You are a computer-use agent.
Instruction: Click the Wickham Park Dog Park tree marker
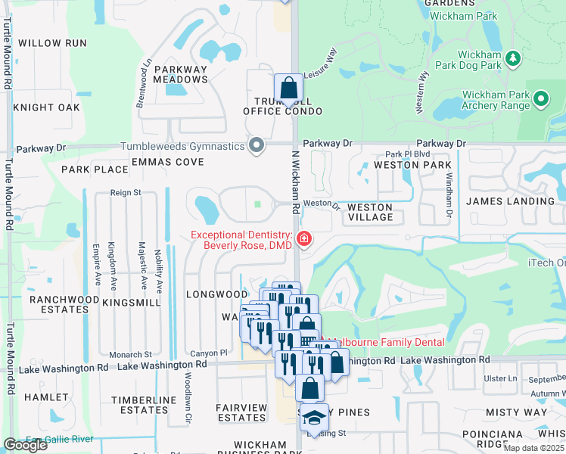(x=514, y=58)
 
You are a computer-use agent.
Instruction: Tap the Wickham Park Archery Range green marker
(x=540, y=98)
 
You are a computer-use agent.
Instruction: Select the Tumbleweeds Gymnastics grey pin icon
(x=257, y=145)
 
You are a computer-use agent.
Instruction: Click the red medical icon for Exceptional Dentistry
(x=303, y=239)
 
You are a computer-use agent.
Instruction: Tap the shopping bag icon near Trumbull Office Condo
(x=288, y=88)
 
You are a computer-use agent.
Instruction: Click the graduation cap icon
(x=312, y=418)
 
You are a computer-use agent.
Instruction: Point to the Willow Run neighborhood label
(x=53, y=43)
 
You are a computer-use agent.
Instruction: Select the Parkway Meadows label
(x=180, y=75)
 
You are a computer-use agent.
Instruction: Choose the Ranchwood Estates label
(x=65, y=304)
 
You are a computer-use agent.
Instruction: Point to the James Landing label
(x=510, y=201)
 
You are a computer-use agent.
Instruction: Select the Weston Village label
(x=370, y=212)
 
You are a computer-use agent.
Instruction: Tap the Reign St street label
(x=126, y=193)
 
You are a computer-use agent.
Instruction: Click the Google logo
(x=25, y=445)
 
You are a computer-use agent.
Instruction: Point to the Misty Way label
(x=516, y=412)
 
